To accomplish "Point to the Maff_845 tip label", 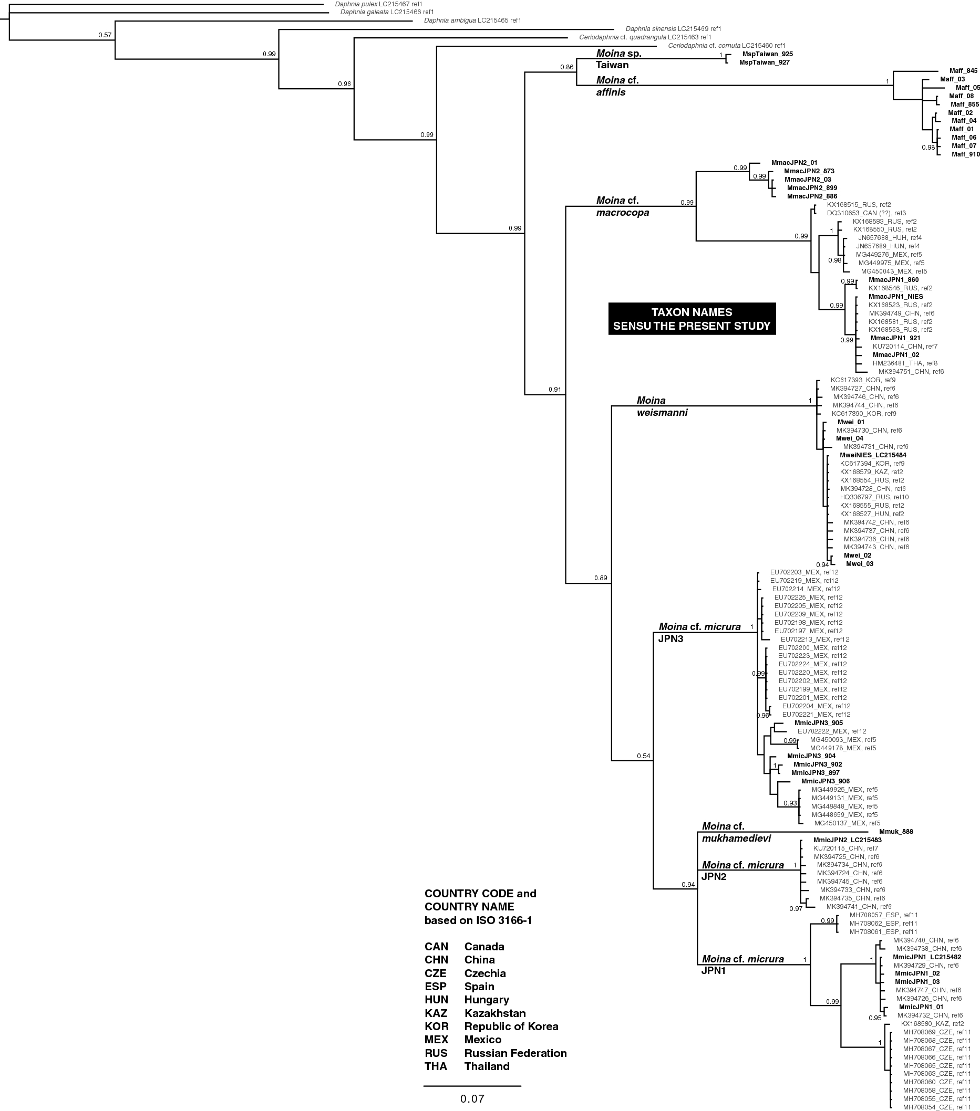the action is coord(963,71).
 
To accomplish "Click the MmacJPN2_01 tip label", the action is coord(794,163).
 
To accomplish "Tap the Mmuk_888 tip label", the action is coord(899,831).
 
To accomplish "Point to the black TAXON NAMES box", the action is coord(692,319).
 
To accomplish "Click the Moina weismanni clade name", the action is coord(662,406).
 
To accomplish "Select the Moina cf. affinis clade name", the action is coord(617,87).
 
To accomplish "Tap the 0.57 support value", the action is coord(105,35).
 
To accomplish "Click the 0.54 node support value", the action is coord(643,756).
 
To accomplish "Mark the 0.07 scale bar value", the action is coord(472,1098).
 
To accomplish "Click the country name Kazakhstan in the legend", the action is coord(494,1013).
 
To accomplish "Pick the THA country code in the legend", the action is coord(436,1066).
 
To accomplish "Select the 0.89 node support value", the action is coord(601,578).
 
